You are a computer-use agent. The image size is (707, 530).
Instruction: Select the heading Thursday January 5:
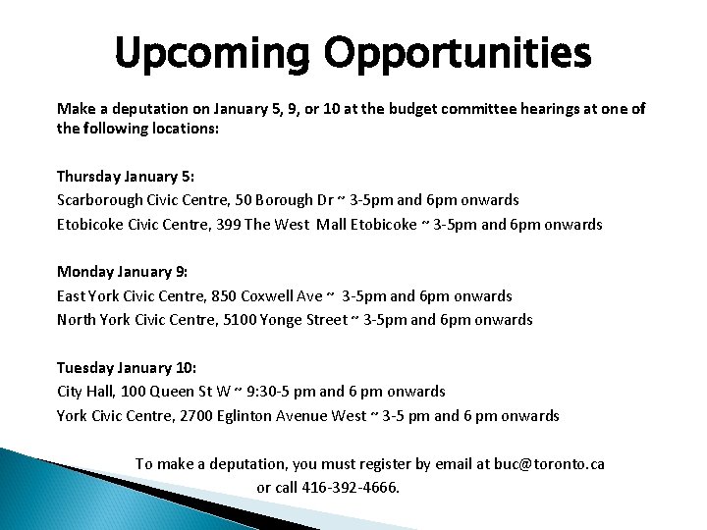[126, 177]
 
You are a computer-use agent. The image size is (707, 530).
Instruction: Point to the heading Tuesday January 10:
[127, 367]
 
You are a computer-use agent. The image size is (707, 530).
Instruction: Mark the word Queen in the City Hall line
[182, 391]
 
